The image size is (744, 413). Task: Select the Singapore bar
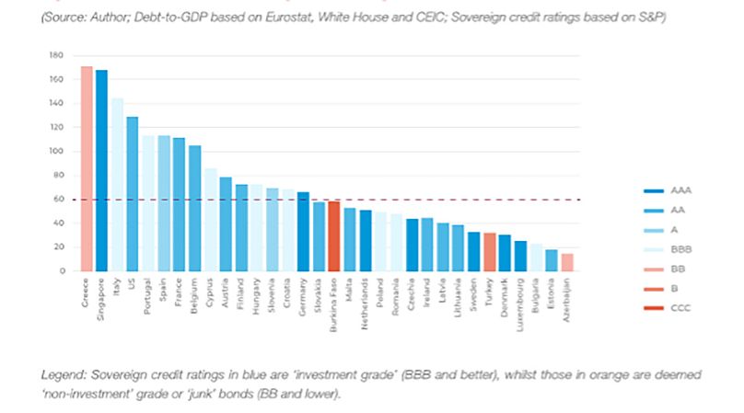click(101, 170)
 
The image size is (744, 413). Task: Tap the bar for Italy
click(117, 184)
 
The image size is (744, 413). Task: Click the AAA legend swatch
click(653, 190)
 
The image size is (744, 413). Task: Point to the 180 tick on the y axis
click(57, 55)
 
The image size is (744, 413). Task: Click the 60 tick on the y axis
click(59, 199)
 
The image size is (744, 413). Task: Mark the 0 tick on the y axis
click(63, 270)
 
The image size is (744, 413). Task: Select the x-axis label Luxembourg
click(520, 301)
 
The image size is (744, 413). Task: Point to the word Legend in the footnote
click(61, 375)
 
